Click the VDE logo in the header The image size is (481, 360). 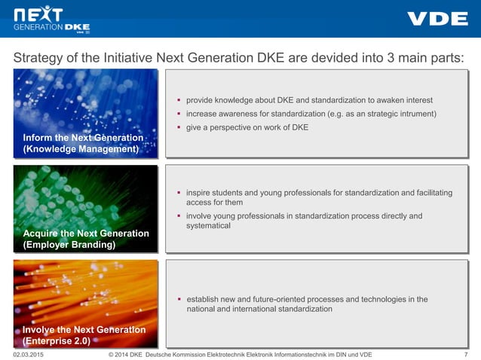pyautogui.click(x=437, y=19)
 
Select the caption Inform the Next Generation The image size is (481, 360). pyautogui.click(x=83, y=138)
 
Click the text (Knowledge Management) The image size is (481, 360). pyautogui.click(x=81, y=149)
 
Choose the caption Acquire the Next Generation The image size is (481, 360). pyautogui.click(x=86, y=233)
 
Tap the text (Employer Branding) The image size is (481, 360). pyautogui.click(x=69, y=245)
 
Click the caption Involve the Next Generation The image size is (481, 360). pyautogui.click(x=84, y=330)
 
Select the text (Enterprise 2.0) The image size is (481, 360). pyautogui.click(x=57, y=340)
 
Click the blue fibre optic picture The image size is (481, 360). pyautogui.click(x=85, y=102)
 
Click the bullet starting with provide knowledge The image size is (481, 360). pyautogui.click(x=309, y=100)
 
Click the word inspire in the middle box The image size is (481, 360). pyautogui.click(x=199, y=193)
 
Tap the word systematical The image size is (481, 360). pyautogui.click(x=208, y=226)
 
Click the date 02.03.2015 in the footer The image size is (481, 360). pyautogui.click(x=29, y=354)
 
